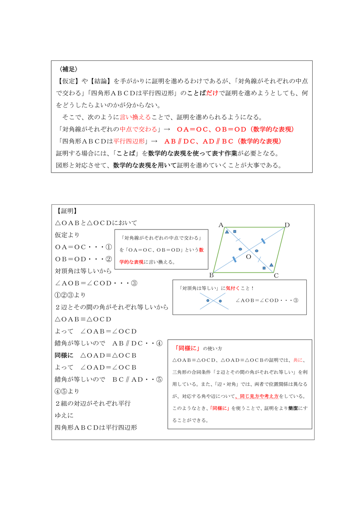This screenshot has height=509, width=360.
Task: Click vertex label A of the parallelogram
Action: point(221,225)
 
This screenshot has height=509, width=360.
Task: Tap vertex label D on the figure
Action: point(287,225)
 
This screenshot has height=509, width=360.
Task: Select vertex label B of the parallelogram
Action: point(211,275)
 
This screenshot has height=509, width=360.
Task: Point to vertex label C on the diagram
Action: point(276,275)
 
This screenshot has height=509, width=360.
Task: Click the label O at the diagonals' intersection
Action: point(249,257)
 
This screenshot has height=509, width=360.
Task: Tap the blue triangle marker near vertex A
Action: point(227,231)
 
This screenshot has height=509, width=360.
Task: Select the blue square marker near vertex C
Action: point(264,268)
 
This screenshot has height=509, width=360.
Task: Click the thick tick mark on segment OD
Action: point(263,241)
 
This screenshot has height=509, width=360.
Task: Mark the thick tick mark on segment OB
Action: point(234,259)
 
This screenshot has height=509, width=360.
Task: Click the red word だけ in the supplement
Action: point(212,93)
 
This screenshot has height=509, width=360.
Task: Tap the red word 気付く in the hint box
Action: point(233,288)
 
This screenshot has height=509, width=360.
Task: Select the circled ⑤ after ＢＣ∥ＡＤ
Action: point(159,379)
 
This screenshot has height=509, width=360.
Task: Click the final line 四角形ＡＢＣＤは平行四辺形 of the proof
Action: point(96,428)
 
